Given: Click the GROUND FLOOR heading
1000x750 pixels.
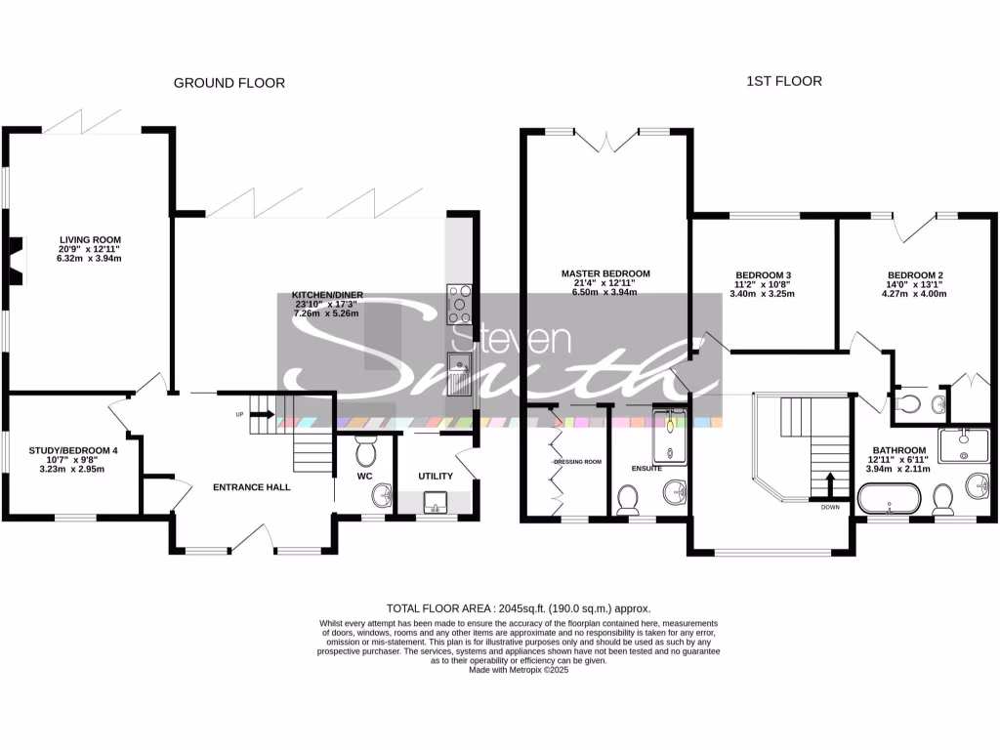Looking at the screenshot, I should pos(229,83).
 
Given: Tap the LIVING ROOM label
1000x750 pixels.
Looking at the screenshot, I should pos(90,239).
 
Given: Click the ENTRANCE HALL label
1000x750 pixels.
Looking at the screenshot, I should pos(252,486).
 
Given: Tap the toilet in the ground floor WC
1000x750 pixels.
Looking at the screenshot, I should pos(366,452).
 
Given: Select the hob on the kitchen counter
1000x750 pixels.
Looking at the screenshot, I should pos(459,304).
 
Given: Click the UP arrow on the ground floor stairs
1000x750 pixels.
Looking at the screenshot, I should pos(263,413).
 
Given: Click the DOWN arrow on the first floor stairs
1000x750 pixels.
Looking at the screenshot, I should pos(830,484).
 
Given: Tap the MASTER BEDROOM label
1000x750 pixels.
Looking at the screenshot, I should pos(605,274).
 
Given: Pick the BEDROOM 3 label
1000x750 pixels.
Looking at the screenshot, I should pos(762,275).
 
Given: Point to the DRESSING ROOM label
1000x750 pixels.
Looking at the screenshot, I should pos(577,461).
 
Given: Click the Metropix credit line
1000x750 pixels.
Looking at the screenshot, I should pos(519,670).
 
